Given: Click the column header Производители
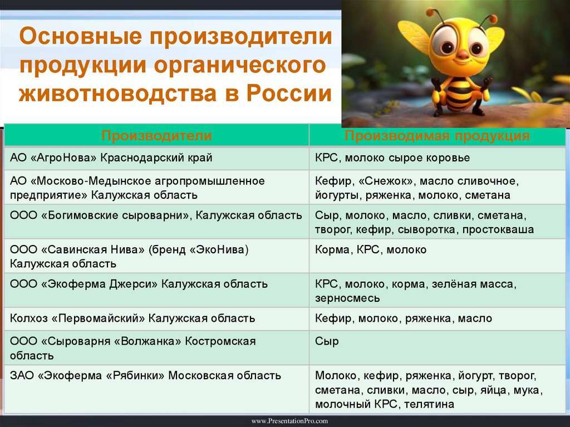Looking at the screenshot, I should tap(156, 136).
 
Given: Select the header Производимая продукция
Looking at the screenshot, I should tap(437, 136).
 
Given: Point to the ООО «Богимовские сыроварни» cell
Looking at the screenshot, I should tap(156, 215).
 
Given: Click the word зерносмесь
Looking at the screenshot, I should tap(347, 298).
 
